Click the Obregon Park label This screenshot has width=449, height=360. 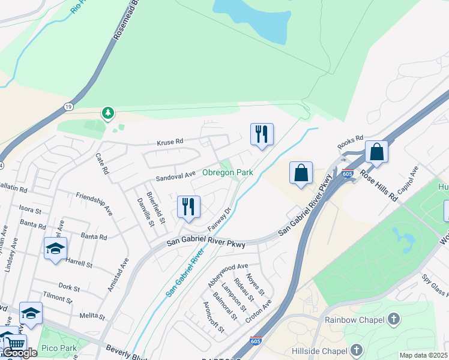[x=228, y=172]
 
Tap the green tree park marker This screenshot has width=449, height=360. [x=108, y=112]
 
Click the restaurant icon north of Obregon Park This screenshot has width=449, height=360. [x=262, y=135]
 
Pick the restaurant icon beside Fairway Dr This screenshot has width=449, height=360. [x=188, y=208]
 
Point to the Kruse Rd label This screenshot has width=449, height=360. [x=170, y=142]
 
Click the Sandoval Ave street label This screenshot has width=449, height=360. [x=176, y=176]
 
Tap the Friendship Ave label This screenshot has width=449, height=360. [x=94, y=203]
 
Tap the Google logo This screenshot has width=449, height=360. [x=20, y=353]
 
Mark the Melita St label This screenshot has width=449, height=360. [x=92, y=316]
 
